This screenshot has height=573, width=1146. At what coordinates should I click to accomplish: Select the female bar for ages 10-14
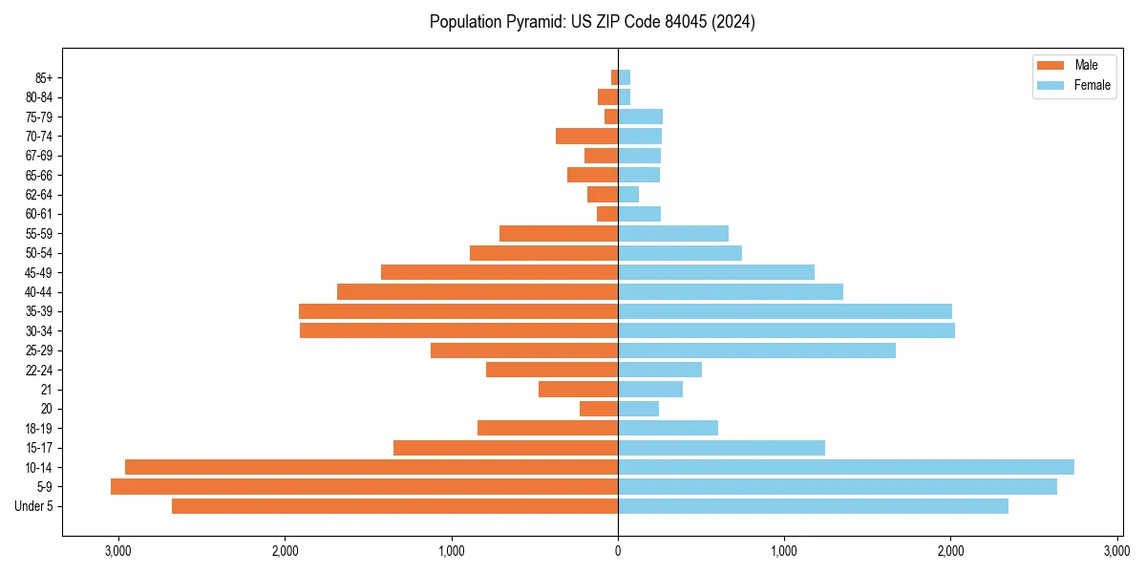pos(845,467)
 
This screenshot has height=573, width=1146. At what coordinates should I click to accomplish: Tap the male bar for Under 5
pos(394,506)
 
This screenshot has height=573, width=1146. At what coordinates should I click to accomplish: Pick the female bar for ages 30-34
pos(786,330)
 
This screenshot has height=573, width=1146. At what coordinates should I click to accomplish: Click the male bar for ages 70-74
pos(586,136)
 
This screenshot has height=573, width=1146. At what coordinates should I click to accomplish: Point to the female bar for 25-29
pos(756,350)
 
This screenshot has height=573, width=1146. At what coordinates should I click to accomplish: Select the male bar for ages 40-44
pos(477,291)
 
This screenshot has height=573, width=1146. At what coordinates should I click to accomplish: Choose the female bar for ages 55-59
pos(673,233)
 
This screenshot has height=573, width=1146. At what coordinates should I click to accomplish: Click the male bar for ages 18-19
pos(547,428)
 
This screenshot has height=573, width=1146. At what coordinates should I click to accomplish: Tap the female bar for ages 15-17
pos(721,448)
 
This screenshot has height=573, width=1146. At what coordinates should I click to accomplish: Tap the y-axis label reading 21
pos(46,390)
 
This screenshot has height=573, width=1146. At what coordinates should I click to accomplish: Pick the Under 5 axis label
pos(33,506)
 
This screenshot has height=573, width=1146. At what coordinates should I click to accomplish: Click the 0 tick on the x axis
pos(618,551)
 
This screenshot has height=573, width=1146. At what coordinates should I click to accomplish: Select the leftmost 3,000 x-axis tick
pos(118,551)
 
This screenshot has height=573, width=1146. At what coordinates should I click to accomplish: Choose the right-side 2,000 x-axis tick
pos(950,551)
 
